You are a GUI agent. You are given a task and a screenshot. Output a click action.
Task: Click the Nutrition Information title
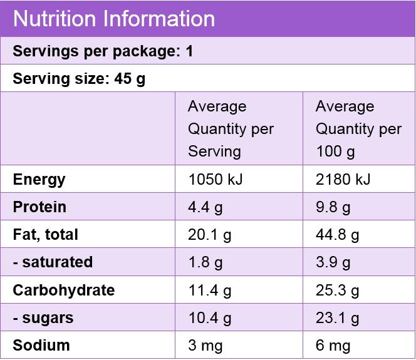coord(113,18)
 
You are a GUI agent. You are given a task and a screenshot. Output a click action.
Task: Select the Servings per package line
coord(103,51)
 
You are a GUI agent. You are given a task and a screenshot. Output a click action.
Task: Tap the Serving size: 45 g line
coord(79,79)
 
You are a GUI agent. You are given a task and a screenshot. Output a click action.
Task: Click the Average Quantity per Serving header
coord(231,129)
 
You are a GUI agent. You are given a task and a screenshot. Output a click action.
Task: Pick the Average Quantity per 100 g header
coord(358,129)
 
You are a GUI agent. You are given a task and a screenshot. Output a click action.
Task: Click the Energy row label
coord(39,180)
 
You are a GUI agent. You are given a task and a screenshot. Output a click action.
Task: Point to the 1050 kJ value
coord(216,180)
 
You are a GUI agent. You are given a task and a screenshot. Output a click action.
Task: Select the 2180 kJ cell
coord(343,180)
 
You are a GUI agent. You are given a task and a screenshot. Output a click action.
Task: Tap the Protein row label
coord(39,207)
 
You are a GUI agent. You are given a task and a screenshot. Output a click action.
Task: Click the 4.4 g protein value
coord(205,207)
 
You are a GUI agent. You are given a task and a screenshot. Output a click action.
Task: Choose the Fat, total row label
coord(45,235)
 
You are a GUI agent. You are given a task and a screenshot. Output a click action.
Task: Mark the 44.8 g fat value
coord(337,235)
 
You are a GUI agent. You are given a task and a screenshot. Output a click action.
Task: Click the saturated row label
coord(53,262)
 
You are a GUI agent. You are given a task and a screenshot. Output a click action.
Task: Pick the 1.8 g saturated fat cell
coord(205,262)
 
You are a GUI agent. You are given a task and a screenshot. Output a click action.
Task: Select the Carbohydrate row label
coord(63,290)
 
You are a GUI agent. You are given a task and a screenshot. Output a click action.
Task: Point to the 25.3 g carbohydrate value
coord(337,290)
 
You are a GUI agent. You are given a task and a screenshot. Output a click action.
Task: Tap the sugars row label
coord(43,317)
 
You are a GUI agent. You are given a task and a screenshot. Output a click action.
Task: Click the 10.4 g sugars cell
coord(209,317)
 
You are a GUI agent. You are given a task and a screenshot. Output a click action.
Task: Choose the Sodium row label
coord(41,345)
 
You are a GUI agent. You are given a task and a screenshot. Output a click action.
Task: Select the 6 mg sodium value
coord(333,345)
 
